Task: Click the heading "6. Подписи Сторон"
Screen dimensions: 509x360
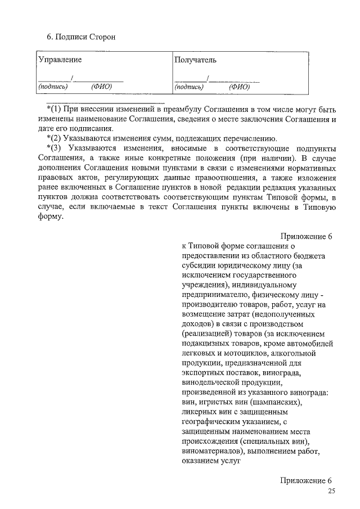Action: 80,37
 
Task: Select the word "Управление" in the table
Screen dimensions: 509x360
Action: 60,60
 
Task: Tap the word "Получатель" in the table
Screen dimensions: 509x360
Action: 195,60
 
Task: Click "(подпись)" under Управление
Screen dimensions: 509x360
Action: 53,87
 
